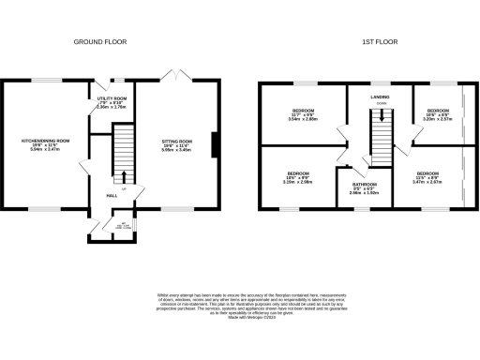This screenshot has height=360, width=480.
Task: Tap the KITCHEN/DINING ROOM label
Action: point(47,143)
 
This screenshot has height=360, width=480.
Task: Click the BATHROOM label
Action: point(365,184)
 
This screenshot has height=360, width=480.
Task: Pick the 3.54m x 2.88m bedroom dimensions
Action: point(305,120)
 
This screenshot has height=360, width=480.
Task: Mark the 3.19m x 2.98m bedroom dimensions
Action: point(298,182)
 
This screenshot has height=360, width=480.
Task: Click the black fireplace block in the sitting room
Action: point(216,146)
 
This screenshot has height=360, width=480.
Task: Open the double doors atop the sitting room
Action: point(172,75)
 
